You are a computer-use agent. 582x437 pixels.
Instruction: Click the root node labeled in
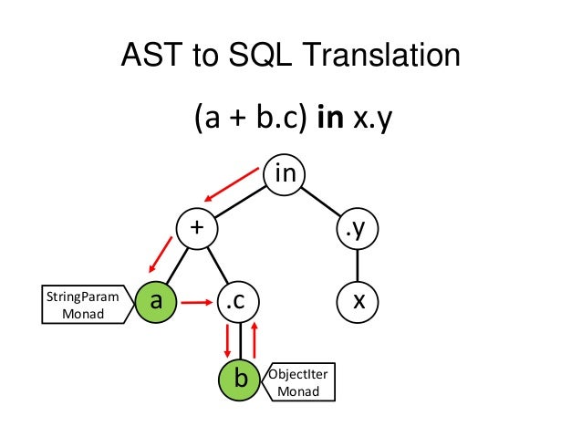(x=286, y=172)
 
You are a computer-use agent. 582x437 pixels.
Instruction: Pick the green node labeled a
(x=155, y=298)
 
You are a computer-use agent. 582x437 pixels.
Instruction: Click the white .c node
(x=237, y=298)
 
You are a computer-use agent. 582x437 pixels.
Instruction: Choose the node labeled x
(x=357, y=298)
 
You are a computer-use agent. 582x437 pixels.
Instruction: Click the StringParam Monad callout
(x=81, y=304)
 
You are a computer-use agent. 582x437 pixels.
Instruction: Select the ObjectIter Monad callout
(x=297, y=381)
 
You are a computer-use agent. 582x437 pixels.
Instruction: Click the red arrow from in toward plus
(x=232, y=182)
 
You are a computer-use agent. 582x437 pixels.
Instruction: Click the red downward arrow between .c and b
(x=227, y=341)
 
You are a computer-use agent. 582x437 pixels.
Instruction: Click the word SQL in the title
(x=245, y=58)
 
